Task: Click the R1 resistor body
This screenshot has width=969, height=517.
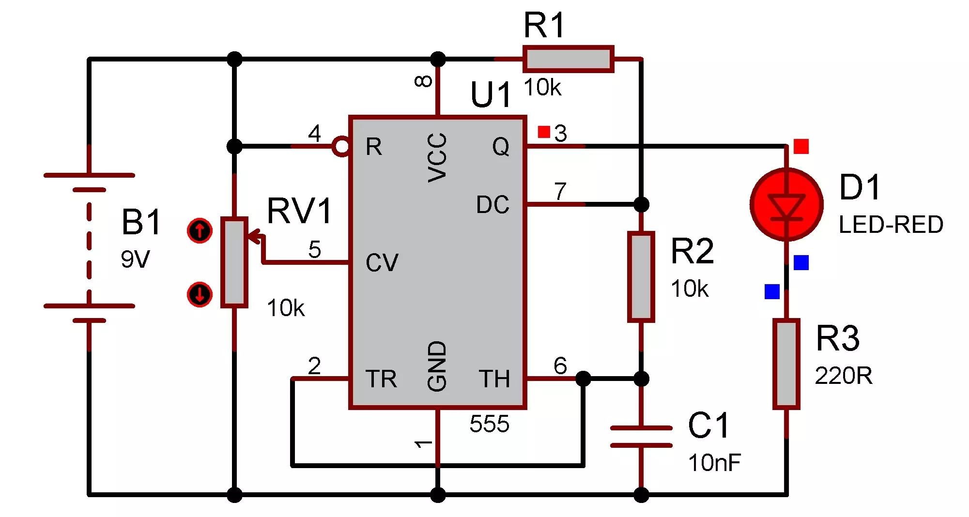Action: (x=569, y=59)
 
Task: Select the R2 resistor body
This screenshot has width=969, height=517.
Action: (x=641, y=277)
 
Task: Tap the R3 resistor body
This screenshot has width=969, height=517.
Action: (x=786, y=364)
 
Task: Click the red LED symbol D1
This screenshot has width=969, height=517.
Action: (x=786, y=204)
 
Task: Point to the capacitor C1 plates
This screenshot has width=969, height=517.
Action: (x=641, y=437)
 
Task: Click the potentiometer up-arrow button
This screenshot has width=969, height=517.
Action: (x=200, y=230)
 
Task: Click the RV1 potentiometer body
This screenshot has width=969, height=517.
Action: (x=234, y=262)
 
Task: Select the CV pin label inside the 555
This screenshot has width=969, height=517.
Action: (x=382, y=263)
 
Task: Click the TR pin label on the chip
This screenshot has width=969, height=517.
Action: (x=381, y=379)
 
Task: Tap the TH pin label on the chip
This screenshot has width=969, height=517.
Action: (x=494, y=379)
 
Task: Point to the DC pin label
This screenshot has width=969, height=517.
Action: (x=492, y=205)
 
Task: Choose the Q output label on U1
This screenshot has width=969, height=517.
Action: (x=501, y=147)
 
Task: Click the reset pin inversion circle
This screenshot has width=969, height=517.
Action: (x=341, y=146)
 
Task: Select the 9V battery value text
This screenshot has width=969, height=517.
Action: (x=135, y=259)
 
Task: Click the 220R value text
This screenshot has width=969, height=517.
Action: (x=844, y=376)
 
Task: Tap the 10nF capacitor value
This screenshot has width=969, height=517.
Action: (x=714, y=463)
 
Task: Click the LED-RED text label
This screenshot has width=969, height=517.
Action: (x=891, y=225)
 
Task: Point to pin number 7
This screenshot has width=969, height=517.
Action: (x=560, y=191)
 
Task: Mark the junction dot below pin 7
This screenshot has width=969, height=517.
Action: (x=641, y=204)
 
